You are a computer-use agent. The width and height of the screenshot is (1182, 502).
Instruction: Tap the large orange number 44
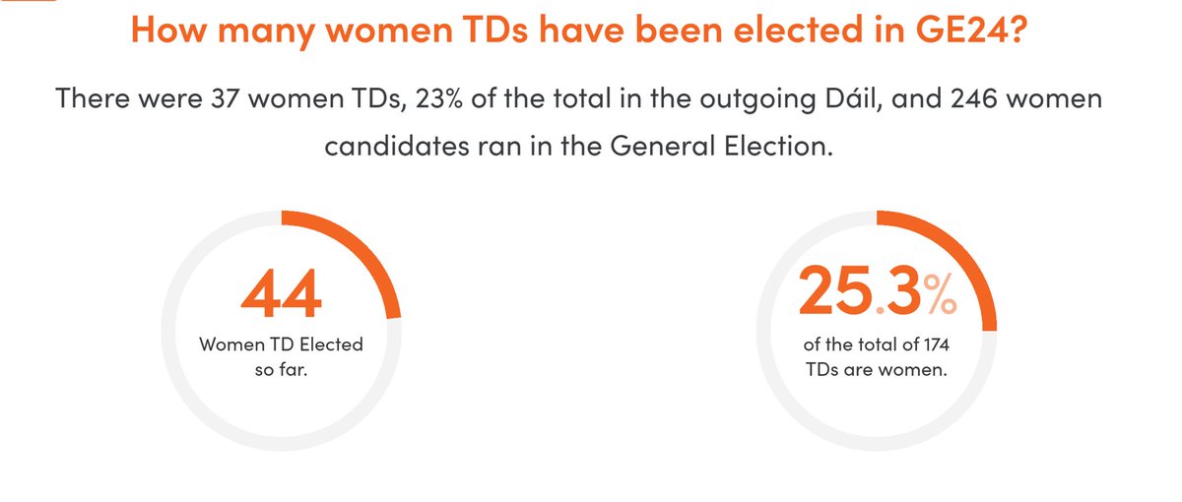click(281, 292)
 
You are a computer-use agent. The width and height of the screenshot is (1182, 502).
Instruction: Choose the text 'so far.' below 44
click(281, 375)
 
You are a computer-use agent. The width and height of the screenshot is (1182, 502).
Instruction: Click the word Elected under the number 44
click(328, 345)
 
